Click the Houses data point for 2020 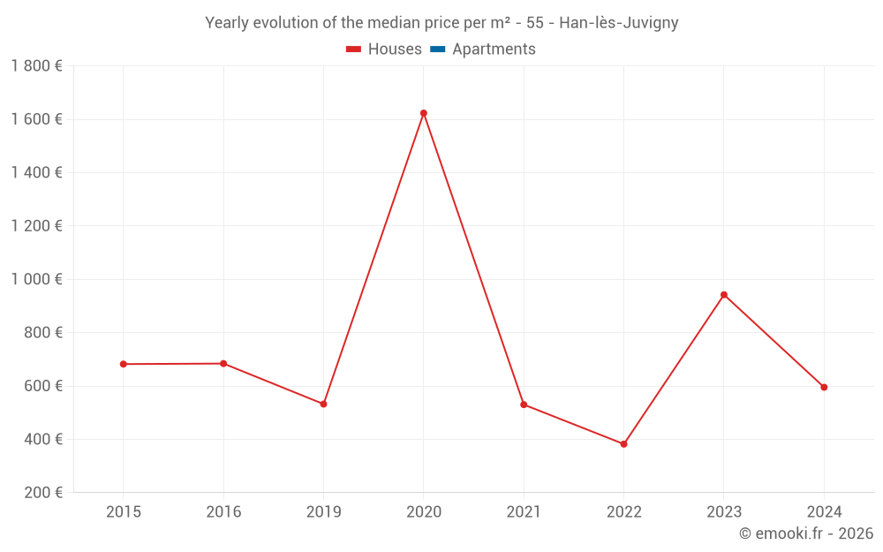[424, 113]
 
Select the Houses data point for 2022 [623, 444]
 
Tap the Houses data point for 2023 [724, 295]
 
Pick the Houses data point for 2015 [124, 364]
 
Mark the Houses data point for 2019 [323, 404]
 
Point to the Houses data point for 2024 [824, 387]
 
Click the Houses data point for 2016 [223, 363]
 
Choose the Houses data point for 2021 [524, 405]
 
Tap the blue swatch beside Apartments [437, 49]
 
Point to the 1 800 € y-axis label [36, 66]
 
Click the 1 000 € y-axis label [36, 279]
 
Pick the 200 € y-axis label [42, 493]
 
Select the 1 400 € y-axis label [36, 172]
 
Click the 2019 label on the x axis [323, 511]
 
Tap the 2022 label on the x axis [623, 511]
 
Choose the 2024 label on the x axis [824, 511]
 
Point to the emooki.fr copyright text [805, 533]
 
